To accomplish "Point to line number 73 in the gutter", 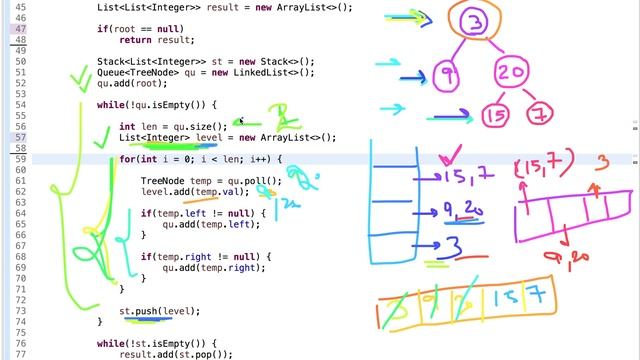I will pos(20,311).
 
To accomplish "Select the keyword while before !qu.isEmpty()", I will pos(109,104).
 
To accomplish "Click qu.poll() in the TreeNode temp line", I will pos(253,180).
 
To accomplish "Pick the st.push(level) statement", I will pos(159,311).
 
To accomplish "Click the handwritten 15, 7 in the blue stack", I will pos(465,177).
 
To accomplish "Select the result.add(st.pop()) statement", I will pos(175,354).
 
